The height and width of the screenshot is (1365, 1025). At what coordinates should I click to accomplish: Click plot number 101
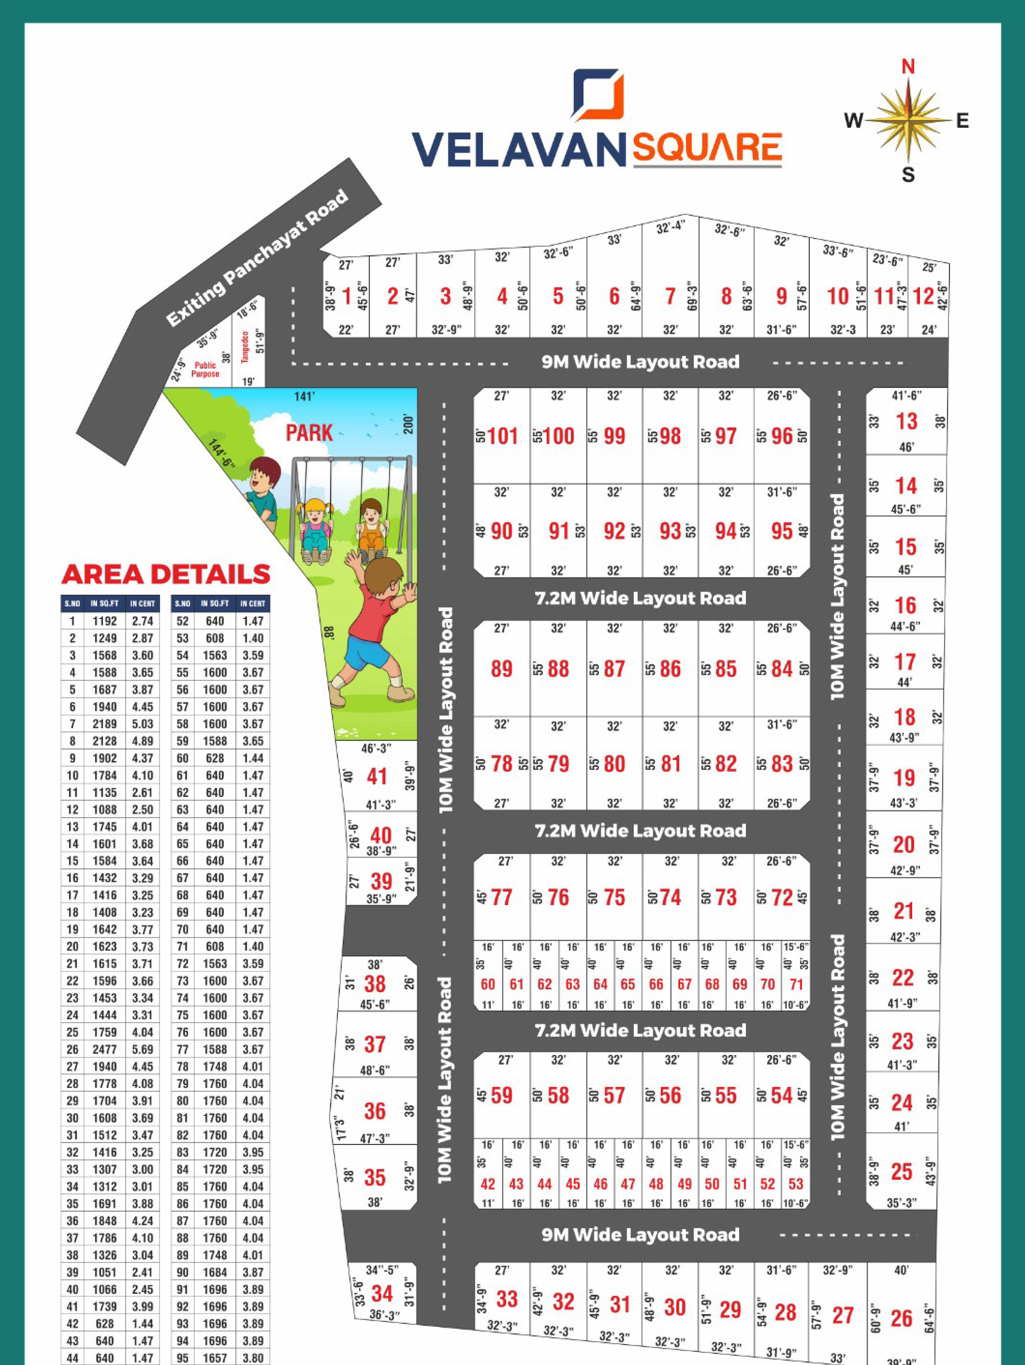[503, 436]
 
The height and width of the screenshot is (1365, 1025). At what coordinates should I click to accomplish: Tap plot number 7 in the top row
[670, 297]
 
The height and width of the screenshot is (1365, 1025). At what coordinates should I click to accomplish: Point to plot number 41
[377, 776]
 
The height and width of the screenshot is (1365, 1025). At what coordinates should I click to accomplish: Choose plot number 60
[488, 984]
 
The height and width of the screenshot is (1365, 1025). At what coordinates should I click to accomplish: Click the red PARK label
[309, 433]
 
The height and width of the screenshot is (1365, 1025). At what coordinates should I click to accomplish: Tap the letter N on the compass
[908, 66]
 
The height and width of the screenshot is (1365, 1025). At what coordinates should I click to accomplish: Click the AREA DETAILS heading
[166, 574]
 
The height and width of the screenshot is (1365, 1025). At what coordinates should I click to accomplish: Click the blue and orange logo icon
[598, 93]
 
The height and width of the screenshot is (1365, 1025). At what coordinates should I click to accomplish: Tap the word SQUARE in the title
[707, 148]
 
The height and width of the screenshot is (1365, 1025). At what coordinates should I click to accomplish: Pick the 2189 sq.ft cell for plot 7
[104, 724]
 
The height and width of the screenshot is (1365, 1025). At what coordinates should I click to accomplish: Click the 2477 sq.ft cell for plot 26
[104, 1050]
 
